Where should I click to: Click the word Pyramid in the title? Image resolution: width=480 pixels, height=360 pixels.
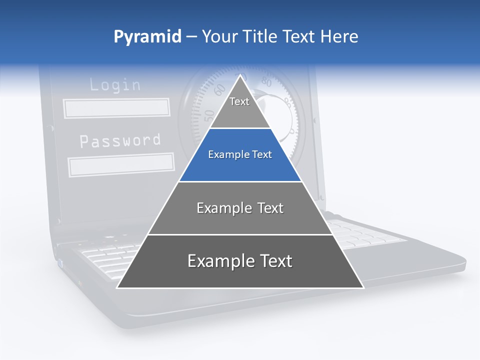tap(147, 37)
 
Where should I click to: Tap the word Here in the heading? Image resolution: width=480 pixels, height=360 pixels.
tap(339, 36)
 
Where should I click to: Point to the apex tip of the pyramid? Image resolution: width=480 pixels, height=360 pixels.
tap(240, 75)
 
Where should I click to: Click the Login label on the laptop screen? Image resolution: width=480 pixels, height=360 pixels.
tap(115, 84)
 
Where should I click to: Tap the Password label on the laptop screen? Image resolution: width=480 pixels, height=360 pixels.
tap(120, 141)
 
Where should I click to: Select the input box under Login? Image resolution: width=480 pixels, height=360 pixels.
tap(116, 108)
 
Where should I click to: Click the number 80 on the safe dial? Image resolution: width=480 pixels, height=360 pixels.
tap(266, 82)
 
